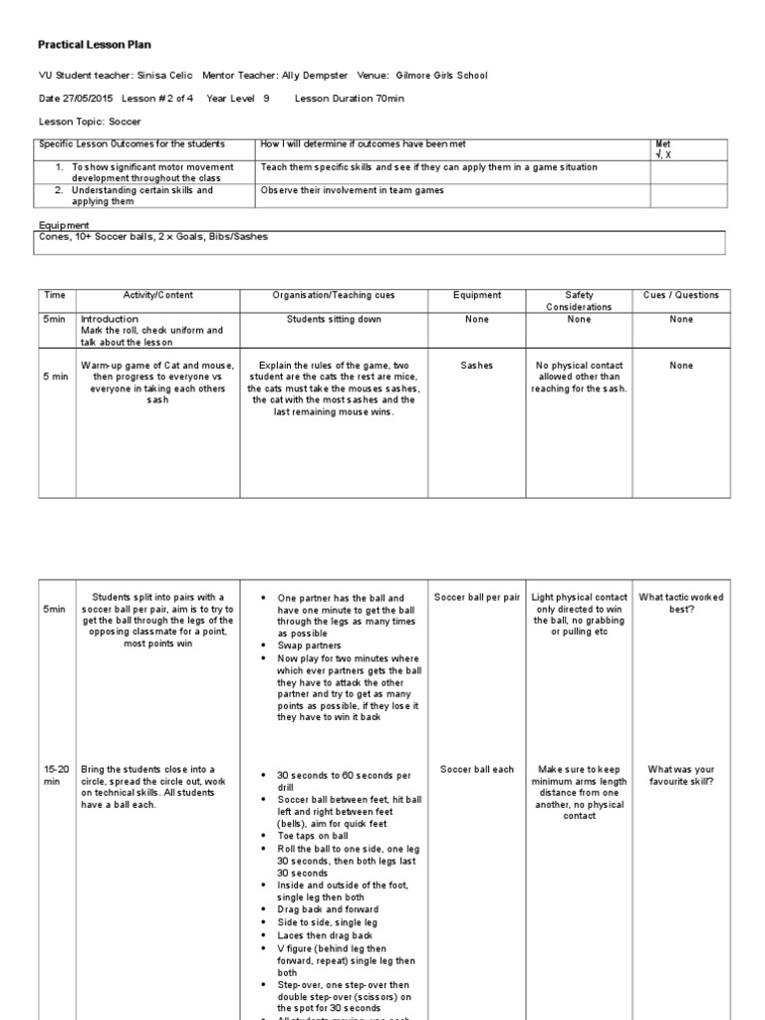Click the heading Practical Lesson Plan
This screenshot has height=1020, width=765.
95,45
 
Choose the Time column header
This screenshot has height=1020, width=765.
55,296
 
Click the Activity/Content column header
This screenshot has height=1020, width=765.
157,296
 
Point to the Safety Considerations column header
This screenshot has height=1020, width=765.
580,302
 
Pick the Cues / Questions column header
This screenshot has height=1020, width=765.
681,296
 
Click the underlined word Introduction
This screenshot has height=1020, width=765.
109,319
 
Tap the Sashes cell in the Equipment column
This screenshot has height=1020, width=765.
477,366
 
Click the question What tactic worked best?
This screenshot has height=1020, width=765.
681,603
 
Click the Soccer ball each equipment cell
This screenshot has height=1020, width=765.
477,770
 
